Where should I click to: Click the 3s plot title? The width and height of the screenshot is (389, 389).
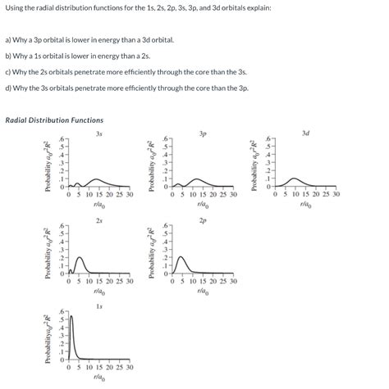coord(98,133)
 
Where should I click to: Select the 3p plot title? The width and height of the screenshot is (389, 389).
coord(202,133)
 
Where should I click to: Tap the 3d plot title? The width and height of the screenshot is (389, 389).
coord(305,133)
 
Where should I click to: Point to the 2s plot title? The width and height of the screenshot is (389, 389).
coord(98,220)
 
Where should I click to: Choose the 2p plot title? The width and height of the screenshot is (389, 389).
coord(202,220)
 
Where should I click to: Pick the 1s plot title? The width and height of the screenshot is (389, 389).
coord(98,306)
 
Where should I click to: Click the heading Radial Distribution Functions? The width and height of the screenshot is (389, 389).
coord(54,120)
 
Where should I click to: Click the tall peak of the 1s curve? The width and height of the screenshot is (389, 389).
coord(71,318)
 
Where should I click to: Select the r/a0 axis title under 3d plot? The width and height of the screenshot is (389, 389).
coord(305,205)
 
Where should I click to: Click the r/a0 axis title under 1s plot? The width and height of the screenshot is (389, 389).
coord(98,378)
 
